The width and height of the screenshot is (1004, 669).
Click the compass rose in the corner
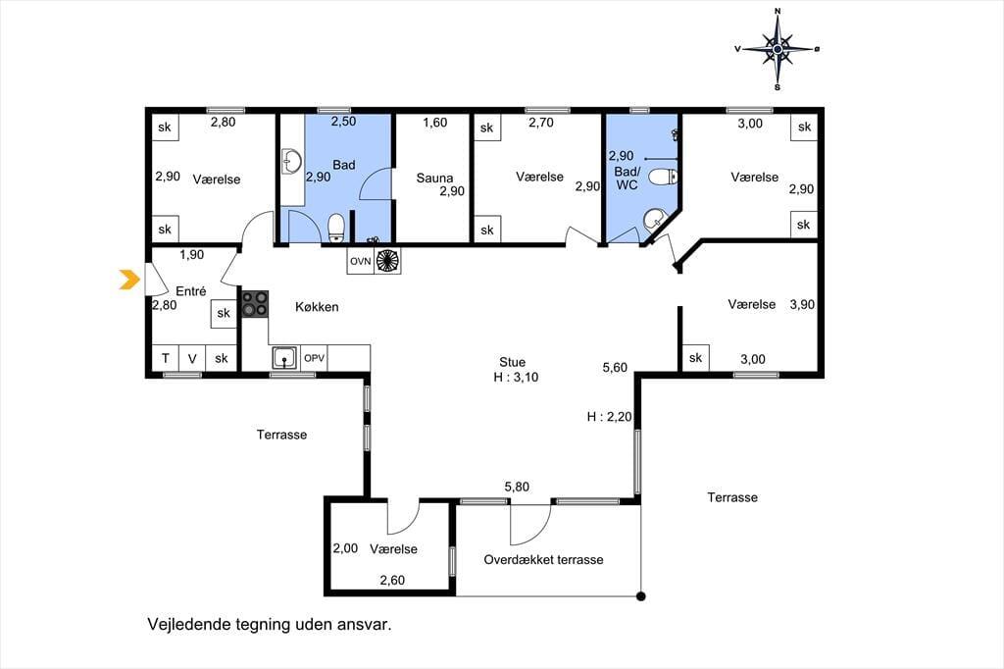tap(778, 49)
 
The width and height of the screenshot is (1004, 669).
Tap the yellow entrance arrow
tap(130, 280)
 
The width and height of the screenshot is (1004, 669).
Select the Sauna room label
tap(434, 178)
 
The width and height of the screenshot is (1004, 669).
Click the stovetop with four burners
tap(255, 304)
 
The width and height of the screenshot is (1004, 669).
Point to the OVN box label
tap(361, 262)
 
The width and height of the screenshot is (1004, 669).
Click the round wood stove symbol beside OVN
tap(387, 261)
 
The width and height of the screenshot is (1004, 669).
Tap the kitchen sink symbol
tap(284, 358)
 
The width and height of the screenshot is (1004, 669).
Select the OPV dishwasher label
tap(314, 358)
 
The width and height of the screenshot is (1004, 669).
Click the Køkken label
tap(317, 307)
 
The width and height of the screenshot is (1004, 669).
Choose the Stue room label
tap(512, 362)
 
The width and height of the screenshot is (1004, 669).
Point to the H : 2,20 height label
tap(609, 417)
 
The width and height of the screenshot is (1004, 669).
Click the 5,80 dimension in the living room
tap(517, 487)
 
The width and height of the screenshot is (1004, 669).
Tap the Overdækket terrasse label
tap(543, 559)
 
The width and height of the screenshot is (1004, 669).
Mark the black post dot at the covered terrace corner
tap(641, 596)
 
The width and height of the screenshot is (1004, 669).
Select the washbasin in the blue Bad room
tap(292, 162)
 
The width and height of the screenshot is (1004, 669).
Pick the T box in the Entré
tap(165, 358)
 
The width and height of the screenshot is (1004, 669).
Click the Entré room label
tap(191, 291)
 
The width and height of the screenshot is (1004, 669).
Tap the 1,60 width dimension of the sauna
tap(434, 123)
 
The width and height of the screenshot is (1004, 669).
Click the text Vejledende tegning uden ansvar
tap(270, 624)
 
